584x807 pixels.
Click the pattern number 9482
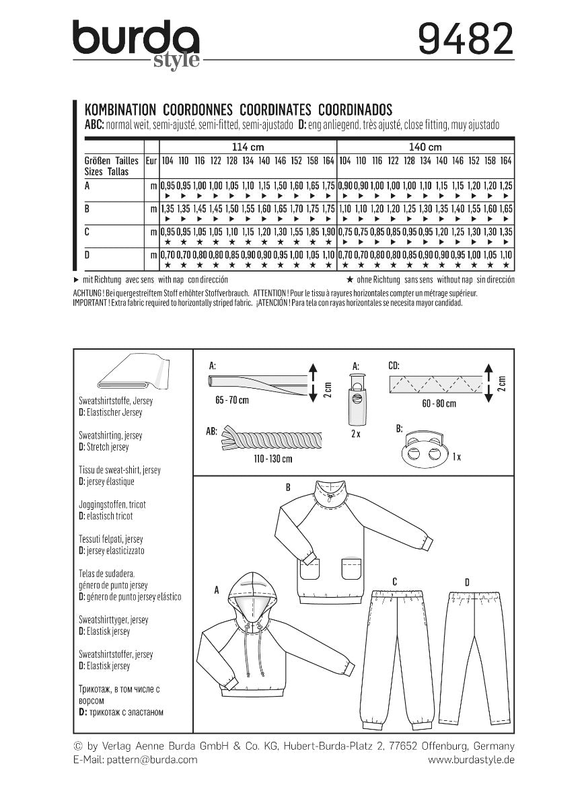[465, 40]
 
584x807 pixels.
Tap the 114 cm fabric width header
[247, 147]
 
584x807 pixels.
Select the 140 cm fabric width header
[425, 147]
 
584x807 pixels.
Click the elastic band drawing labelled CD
[435, 385]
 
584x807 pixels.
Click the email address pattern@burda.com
[135, 759]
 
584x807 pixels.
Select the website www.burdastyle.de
[471, 759]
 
